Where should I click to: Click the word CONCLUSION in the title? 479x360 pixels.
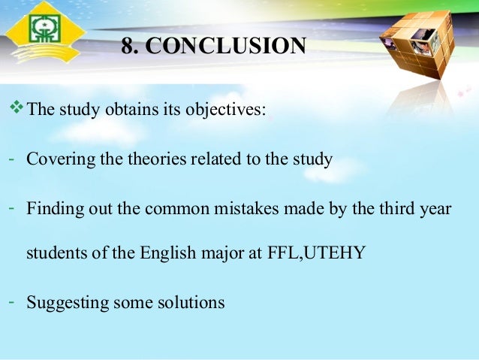225,47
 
